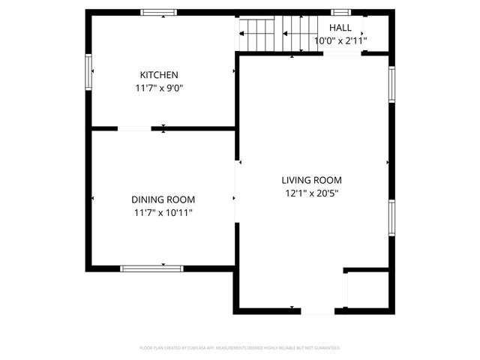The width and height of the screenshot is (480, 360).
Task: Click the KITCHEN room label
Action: pos(159,75)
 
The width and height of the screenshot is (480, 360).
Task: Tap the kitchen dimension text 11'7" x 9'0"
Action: pos(159,88)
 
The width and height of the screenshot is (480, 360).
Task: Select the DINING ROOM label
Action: pos(163,199)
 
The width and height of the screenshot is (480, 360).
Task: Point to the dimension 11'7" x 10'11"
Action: pos(163,212)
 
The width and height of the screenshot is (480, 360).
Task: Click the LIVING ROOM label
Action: pos(311,180)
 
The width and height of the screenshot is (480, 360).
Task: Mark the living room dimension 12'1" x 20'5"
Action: pos(311,193)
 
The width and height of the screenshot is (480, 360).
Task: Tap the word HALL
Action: pos(340,28)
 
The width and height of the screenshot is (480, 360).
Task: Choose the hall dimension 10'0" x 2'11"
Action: pos(340,40)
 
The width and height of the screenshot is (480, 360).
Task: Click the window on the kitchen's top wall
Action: pos(159,13)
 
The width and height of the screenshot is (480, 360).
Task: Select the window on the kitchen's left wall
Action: pos(88,72)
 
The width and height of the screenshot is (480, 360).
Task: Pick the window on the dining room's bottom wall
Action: pos(151,268)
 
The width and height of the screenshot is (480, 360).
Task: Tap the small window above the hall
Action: pos(341,13)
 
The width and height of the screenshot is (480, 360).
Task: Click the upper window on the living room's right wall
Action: pos(391,84)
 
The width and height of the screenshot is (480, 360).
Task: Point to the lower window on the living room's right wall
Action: pos(391,217)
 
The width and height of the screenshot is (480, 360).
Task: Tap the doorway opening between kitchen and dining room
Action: pos(134,129)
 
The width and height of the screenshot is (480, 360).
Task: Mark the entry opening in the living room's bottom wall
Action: pos(318,310)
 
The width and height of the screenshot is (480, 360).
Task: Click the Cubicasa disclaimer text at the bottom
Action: pos(240,348)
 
